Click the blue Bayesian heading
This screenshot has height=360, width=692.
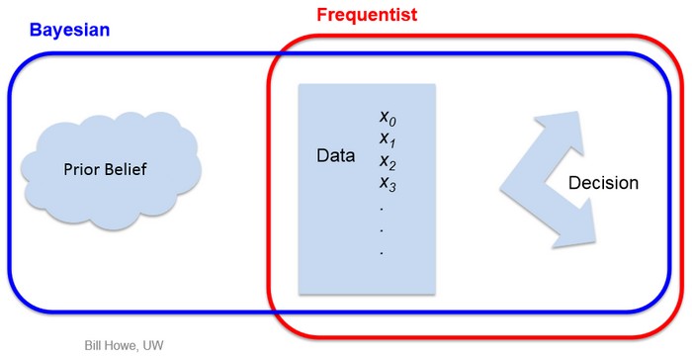pos(68,29)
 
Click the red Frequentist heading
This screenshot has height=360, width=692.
pos(367,15)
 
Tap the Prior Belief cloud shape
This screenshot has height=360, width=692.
pos(103,169)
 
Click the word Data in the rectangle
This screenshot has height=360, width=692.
pos(336,156)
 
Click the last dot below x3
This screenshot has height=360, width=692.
pos(382,254)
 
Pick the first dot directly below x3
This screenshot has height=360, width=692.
pos(382,210)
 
